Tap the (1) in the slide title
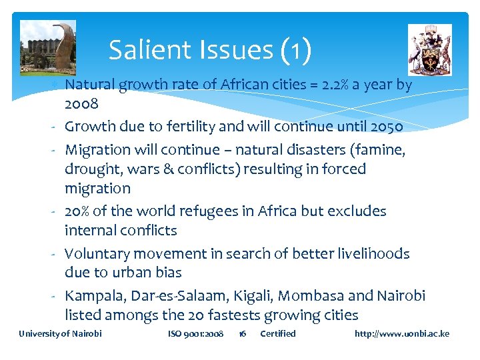pyautogui.click(x=297, y=50)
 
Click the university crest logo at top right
pyautogui.click(x=429, y=49)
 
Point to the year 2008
pyautogui.click(x=82, y=104)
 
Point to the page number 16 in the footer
pyautogui.click(x=243, y=333)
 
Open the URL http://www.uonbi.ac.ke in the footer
pyautogui.click(x=402, y=333)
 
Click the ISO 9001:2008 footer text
pyautogui.click(x=195, y=333)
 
